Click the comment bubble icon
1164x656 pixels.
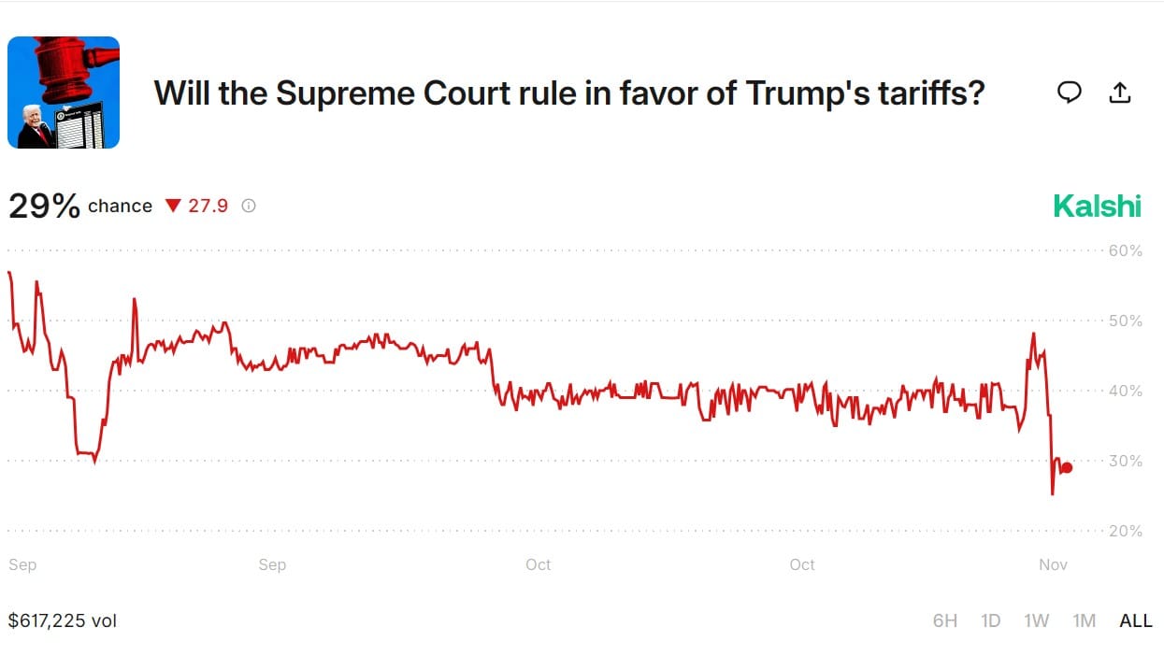coord(1070,92)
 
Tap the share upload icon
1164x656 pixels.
coord(1119,92)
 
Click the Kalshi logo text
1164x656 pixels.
coord(1097,206)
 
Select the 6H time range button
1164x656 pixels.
coord(945,620)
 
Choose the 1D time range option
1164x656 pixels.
coord(991,620)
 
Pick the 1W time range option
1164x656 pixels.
coord(1037,620)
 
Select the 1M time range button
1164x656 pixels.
coord(1084,620)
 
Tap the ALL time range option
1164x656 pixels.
coord(1136,620)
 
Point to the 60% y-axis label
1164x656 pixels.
coord(1126,250)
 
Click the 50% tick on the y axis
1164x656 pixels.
coord(1126,321)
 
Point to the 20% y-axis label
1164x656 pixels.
coord(1126,531)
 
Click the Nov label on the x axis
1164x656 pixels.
coord(1053,564)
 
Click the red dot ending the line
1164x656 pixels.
coord(1067,468)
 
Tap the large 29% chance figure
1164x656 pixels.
coord(44,207)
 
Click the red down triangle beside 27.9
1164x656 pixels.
coord(172,206)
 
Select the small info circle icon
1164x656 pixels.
coord(249,206)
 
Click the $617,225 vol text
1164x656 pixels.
coord(63,620)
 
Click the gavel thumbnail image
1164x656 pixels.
coord(64,93)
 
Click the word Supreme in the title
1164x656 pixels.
coord(332,93)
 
